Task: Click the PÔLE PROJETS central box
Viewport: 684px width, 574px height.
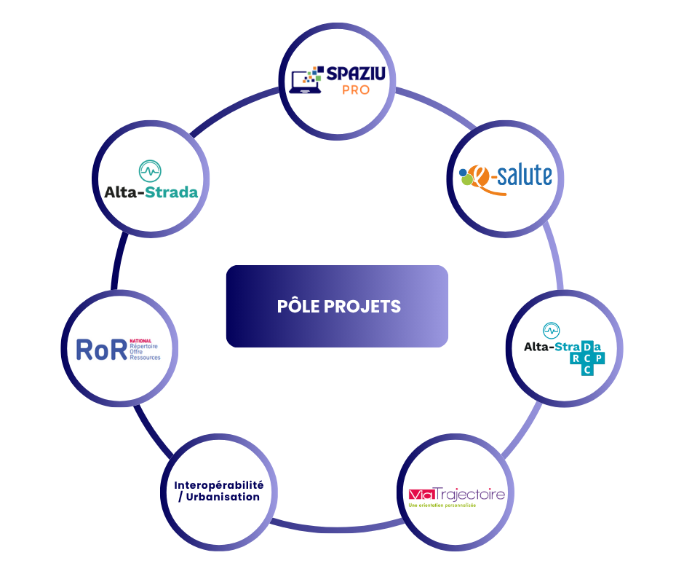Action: point(337,306)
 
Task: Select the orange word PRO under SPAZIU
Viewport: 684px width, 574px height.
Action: point(355,90)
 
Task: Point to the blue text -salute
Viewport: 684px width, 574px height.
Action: point(521,176)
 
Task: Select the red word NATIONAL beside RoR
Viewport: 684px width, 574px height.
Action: point(140,341)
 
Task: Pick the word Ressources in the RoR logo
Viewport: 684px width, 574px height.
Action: point(146,358)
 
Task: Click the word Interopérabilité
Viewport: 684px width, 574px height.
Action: point(219,485)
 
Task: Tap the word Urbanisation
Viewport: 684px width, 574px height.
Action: point(224,497)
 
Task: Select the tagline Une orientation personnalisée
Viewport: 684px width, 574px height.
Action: point(442,506)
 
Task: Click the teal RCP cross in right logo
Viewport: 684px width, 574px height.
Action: point(587,358)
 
